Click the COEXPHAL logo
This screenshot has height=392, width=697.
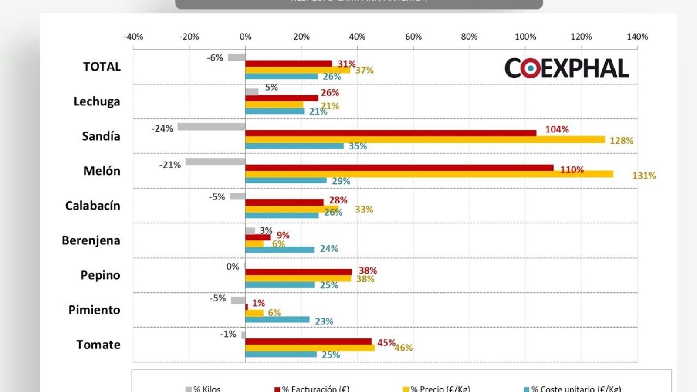[566, 68]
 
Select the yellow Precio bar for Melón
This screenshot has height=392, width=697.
[429, 174]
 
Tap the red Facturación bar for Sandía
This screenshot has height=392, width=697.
[391, 133]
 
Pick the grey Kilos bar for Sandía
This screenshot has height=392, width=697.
[211, 127]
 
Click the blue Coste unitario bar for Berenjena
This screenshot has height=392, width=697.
[280, 250]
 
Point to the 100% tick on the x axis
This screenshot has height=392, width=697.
[525, 37]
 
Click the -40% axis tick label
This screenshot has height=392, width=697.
[133, 37]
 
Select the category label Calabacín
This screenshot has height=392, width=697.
[92, 206]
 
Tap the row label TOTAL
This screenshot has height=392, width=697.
[102, 67]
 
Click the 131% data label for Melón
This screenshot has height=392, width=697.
[644, 176]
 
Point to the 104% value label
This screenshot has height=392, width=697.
[557, 129]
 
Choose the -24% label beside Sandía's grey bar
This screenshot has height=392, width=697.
[162, 128]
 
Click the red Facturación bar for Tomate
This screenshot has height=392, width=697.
[308, 342]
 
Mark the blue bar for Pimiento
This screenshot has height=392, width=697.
[277, 320]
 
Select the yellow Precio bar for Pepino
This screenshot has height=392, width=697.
[298, 279]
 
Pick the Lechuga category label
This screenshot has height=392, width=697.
[97, 101]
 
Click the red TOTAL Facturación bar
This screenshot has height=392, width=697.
[288, 64]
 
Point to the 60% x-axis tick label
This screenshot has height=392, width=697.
[413, 37]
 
